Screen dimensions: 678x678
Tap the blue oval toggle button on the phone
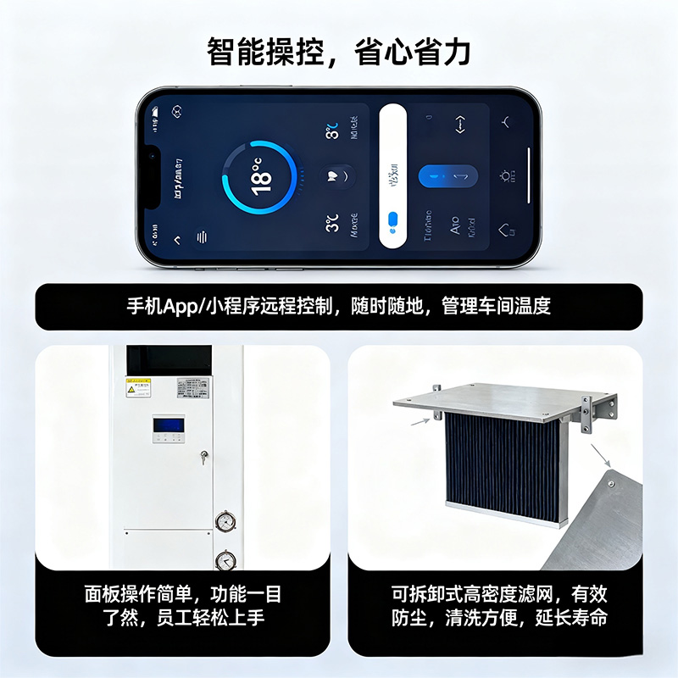[x=448, y=176]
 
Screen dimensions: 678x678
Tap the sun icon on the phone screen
[x=506, y=176]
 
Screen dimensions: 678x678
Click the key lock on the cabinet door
[x=203, y=457]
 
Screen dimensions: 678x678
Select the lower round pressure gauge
[x=225, y=559]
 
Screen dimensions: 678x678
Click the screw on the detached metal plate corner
[x=610, y=485]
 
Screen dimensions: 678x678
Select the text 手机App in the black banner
[x=163, y=306]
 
